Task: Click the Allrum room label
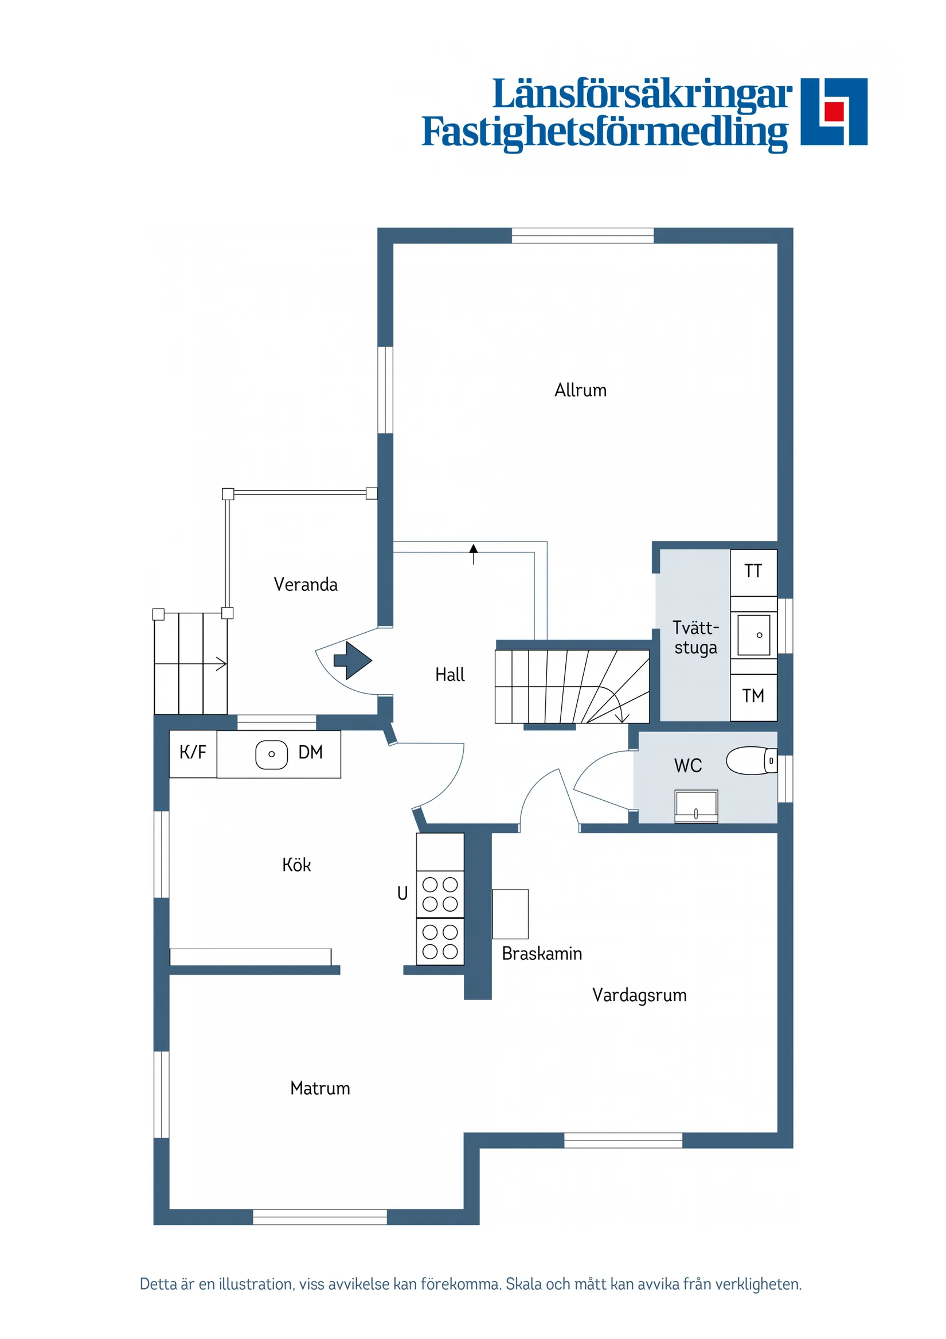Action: pos(580,390)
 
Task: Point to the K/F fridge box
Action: pos(193,753)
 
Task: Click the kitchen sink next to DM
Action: pos(272,754)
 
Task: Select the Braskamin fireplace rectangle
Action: pos(510,914)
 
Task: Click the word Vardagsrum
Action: pos(639,995)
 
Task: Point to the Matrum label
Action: pos(320,1088)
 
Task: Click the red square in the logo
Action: pos(834,111)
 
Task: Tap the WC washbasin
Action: pos(696,807)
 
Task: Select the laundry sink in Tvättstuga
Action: pos(754,635)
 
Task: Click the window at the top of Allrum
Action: pos(583,236)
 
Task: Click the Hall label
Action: pos(450,675)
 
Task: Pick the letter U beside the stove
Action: pos(402,893)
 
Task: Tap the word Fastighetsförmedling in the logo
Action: pos(604,132)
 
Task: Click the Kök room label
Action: pos(296,865)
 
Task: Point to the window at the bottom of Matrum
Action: pos(319,1217)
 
